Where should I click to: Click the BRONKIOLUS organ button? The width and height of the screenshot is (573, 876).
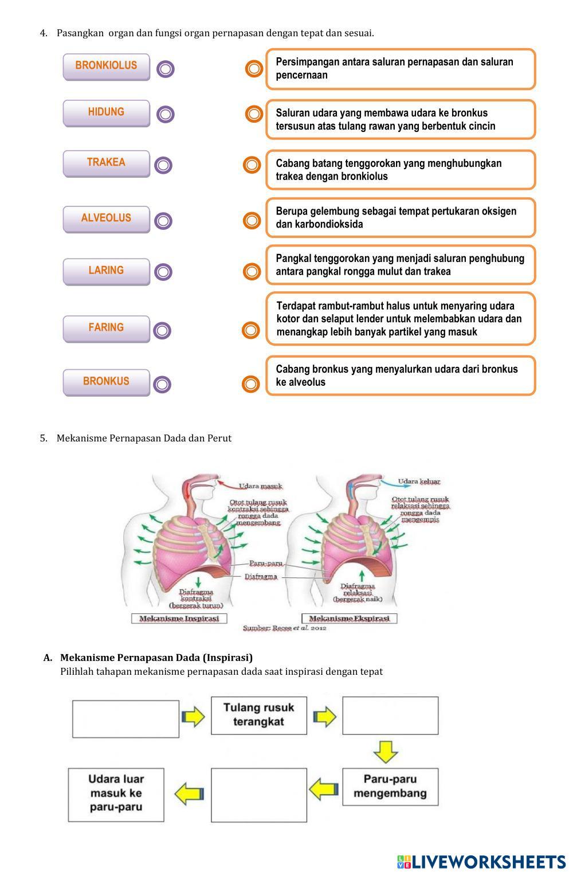(x=106, y=66)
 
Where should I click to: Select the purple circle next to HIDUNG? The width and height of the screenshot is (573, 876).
(x=165, y=114)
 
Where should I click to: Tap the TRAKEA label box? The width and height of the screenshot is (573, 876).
(x=106, y=163)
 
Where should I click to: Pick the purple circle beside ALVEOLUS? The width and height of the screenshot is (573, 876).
(x=163, y=221)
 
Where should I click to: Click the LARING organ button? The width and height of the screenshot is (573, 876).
(x=106, y=271)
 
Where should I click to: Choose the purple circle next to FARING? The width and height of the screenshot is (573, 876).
(x=163, y=330)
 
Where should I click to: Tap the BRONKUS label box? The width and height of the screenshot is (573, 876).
(x=106, y=382)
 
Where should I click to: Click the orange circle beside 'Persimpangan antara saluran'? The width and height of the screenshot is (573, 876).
(x=254, y=69)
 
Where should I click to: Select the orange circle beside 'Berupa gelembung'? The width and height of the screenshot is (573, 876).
(x=252, y=220)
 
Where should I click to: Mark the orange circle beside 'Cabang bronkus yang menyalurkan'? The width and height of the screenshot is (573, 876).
(x=251, y=384)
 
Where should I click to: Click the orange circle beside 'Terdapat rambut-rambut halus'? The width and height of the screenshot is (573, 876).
(x=251, y=330)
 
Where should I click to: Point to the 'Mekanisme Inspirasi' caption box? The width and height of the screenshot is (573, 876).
(x=179, y=619)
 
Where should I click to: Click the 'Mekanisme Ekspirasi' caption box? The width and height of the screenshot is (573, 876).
(x=349, y=619)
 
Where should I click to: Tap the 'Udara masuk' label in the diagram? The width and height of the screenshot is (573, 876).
(x=261, y=486)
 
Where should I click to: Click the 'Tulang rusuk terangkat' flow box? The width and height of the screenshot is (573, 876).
(x=258, y=715)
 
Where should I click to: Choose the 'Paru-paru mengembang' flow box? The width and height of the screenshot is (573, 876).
(x=390, y=787)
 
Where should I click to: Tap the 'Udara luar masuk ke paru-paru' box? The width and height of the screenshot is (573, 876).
(x=116, y=794)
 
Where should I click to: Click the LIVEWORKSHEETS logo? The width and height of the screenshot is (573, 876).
(x=481, y=861)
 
